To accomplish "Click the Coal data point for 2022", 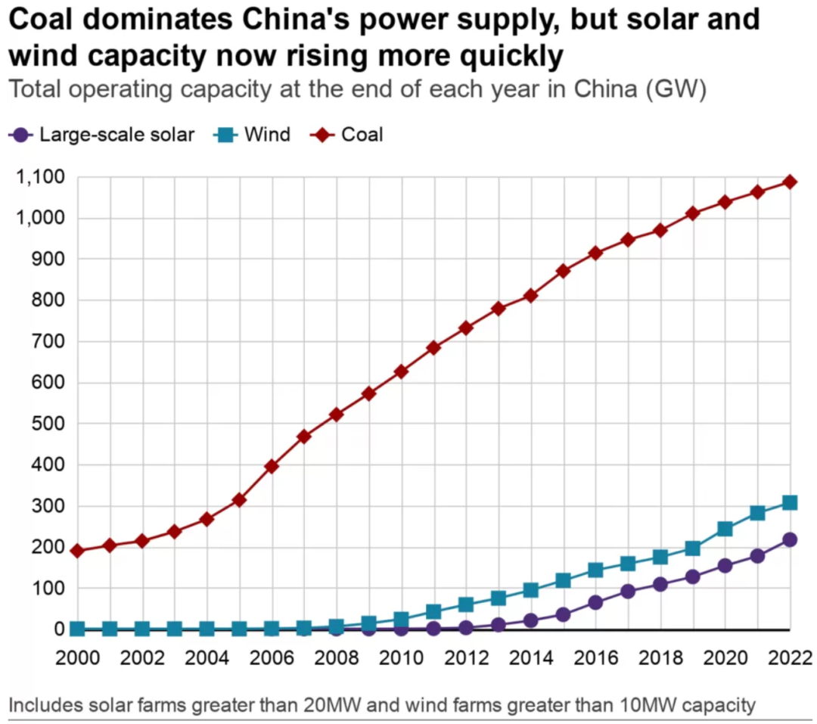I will [789, 182].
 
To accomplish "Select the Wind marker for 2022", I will [789, 503].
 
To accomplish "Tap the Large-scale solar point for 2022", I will [789, 540].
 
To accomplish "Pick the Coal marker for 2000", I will [77, 551].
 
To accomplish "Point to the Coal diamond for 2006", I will [272, 466].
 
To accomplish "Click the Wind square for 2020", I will [725, 529].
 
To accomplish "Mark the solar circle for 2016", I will [595, 603].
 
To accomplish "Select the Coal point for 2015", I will [563, 271].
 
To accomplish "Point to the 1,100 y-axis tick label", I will [39, 178].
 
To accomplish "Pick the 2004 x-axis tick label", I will [207, 656].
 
